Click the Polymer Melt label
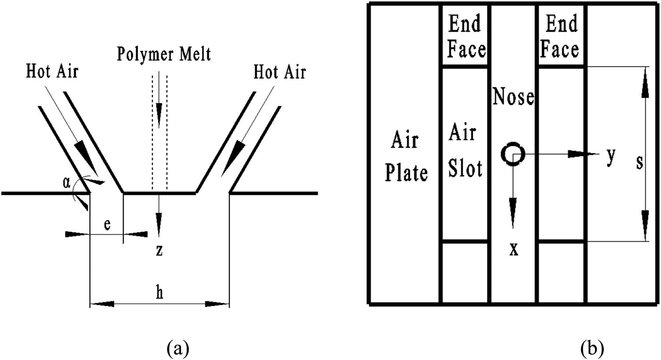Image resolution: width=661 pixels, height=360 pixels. coord(163,54)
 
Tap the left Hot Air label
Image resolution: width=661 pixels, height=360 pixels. coord(52,71)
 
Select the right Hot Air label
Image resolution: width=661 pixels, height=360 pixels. coord(279,71)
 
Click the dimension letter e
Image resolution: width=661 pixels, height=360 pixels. coord(107,224)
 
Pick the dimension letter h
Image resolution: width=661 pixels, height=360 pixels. coord(160,293)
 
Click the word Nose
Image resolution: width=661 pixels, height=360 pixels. coord(513,97)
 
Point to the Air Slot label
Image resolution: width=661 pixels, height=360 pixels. coord(464,151)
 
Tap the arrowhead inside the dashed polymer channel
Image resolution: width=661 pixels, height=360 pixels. coord(159,110)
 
